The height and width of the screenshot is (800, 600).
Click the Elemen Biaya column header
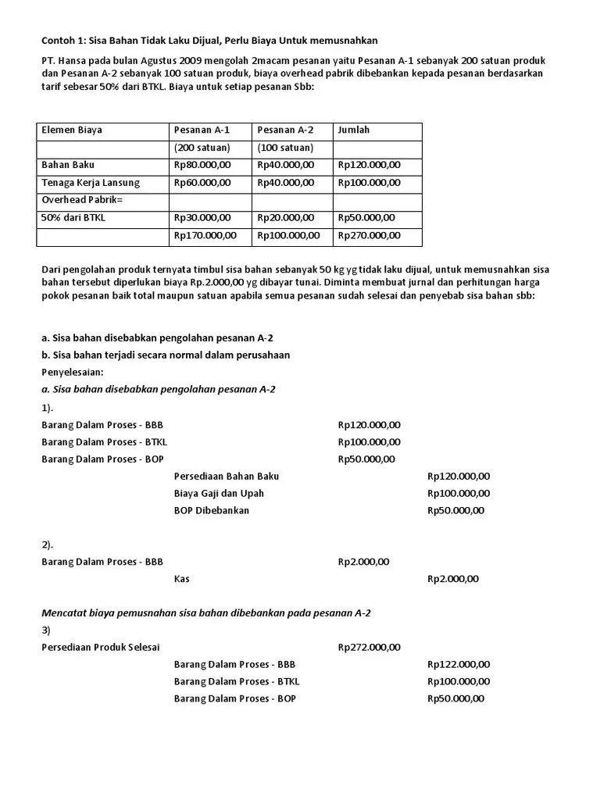point(71,130)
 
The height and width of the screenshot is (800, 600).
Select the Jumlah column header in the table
point(354,130)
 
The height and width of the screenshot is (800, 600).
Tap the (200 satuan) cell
point(202,148)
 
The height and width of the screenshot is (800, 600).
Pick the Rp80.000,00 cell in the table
point(202,165)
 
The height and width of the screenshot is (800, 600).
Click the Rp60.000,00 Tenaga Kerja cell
point(202,183)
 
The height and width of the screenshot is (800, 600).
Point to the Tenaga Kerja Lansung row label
point(90,183)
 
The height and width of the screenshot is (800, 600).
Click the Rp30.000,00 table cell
point(202,218)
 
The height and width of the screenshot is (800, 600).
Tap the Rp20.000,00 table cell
point(285,218)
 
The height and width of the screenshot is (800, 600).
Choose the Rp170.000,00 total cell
point(205,235)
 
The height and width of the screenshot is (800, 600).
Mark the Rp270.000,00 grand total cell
point(369,235)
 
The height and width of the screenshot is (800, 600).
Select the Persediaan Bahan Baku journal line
point(227,476)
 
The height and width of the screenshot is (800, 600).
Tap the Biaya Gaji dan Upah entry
point(219,493)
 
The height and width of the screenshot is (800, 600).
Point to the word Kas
point(181,579)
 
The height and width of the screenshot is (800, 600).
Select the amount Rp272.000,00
point(369,647)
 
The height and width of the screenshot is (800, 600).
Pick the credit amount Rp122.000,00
point(459,664)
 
